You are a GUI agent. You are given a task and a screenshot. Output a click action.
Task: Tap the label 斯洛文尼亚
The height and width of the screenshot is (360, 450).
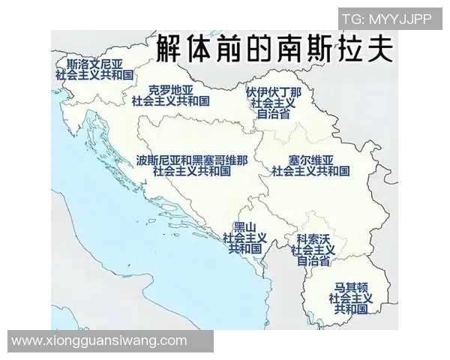click(x=94, y=64)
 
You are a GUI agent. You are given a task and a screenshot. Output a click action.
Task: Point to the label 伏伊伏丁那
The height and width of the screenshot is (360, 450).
click(x=274, y=92)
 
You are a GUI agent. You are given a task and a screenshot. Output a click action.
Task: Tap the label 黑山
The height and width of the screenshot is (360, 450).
click(x=245, y=226)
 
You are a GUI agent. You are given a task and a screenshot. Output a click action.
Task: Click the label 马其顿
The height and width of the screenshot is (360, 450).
click(x=351, y=287)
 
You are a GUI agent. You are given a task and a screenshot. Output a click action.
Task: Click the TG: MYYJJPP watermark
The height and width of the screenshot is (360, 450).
click(x=387, y=19)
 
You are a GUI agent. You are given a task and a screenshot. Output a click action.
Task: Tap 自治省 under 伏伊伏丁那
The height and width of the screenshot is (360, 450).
click(x=273, y=115)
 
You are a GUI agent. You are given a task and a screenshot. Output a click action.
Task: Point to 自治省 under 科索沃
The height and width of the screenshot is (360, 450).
click(x=313, y=261)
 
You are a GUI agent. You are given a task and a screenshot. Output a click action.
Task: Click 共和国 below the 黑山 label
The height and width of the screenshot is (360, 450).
click(x=245, y=248)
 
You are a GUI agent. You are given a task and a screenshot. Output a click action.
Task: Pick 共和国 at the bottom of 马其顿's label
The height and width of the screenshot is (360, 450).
click(x=351, y=308)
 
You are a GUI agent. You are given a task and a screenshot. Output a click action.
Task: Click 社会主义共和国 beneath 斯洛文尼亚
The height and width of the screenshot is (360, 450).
click(x=94, y=76)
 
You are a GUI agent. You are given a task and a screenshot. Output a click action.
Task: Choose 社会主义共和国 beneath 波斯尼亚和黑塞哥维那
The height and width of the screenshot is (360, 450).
click(x=191, y=171)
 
